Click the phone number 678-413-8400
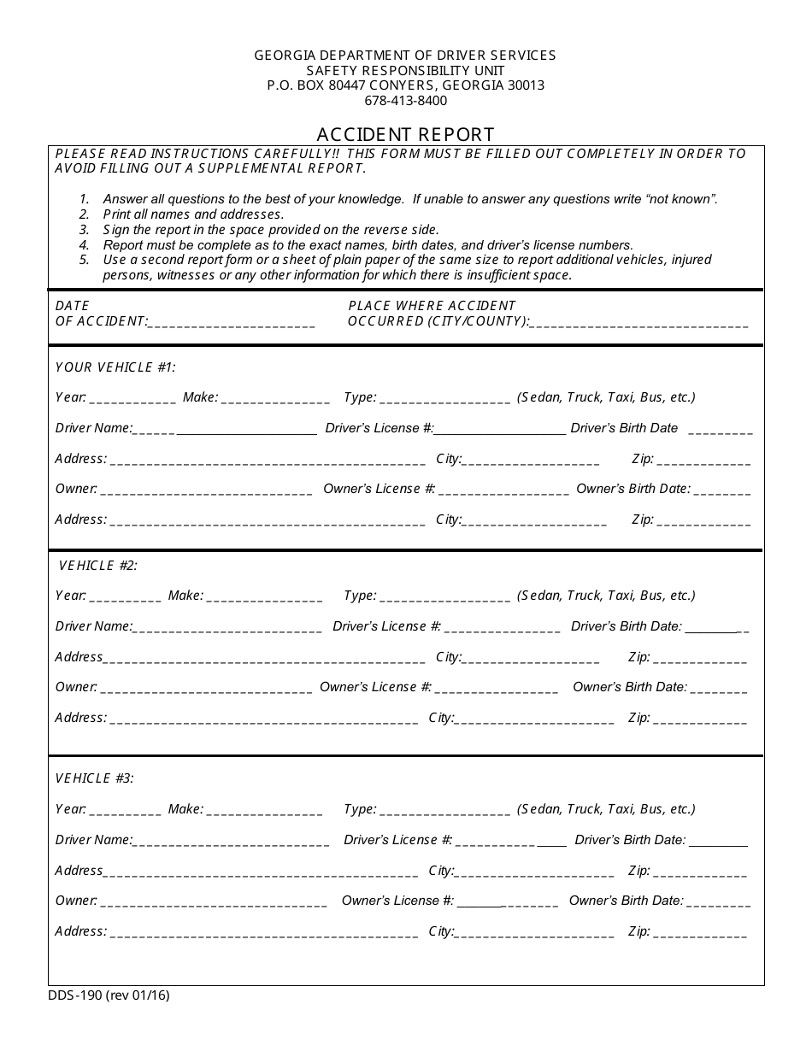405,101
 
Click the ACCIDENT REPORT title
405,135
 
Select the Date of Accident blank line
232,323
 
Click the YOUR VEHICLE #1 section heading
115,367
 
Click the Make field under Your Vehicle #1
275,398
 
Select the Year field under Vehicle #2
124,597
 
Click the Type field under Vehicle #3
444,811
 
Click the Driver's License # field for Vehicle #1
500,430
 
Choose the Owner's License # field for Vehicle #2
497,689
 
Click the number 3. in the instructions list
84,230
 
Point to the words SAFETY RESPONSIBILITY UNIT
405,70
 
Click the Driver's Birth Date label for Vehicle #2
626,626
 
